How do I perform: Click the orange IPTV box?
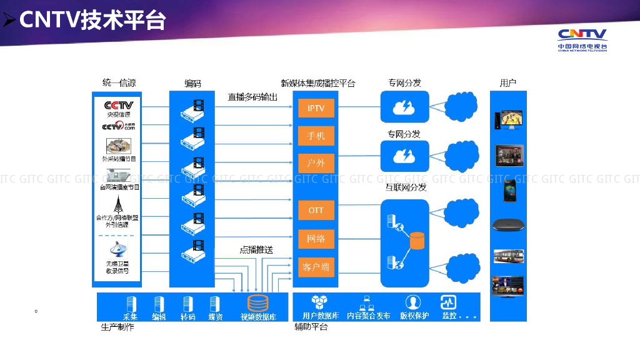[316, 108]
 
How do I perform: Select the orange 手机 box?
[316, 136]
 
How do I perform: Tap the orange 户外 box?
[316, 163]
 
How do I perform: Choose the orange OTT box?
[316, 211]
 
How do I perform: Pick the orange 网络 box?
[316, 239]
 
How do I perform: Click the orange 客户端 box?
[316, 267]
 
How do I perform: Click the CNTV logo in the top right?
[582, 39]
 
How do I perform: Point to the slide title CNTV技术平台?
[92, 20]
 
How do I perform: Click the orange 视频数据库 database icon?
[257, 303]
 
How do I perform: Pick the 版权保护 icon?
[413, 302]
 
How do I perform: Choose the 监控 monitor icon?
[448, 302]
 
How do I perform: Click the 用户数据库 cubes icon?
[320, 302]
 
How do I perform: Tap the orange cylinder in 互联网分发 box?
[416, 239]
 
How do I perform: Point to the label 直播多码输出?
[252, 97]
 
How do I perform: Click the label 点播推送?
[256, 249]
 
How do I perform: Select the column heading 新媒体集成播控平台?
[317, 83]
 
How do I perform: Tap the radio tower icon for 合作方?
[118, 204]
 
